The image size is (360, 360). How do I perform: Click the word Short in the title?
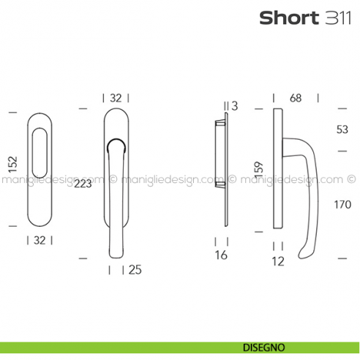click(288, 18)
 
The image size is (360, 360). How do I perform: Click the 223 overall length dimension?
click(83, 184)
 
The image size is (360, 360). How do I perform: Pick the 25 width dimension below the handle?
click(134, 270)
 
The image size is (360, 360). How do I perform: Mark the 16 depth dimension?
click(222, 255)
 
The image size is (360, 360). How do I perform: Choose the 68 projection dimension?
click(296, 97)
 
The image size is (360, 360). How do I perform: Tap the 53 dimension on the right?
click(341, 130)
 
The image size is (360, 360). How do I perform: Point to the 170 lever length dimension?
click(341, 204)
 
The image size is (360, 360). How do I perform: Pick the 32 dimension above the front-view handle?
click(116, 97)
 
